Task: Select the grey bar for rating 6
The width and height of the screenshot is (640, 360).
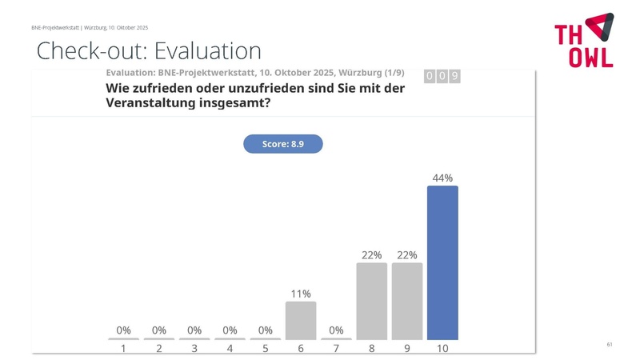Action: pyautogui.click(x=301, y=320)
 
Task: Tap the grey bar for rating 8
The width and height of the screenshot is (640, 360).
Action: pyautogui.click(x=371, y=301)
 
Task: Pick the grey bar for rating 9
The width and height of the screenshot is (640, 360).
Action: pyautogui.click(x=407, y=301)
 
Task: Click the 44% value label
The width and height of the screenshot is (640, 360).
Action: pyautogui.click(x=442, y=178)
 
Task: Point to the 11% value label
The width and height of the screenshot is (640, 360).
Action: pyautogui.click(x=301, y=294)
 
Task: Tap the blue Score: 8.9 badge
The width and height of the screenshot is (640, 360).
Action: pyautogui.click(x=282, y=144)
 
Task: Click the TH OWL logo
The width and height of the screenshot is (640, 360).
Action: pyautogui.click(x=584, y=40)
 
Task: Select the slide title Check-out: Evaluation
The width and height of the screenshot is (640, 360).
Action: pyautogui.click(x=150, y=51)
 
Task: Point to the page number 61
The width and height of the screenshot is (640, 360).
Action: pyautogui.click(x=610, y=344)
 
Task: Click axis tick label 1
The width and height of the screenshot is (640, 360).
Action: pyautogui.click(x=123, y=349)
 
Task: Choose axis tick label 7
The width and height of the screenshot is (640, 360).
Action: pyautogui.click(x=336, y=349)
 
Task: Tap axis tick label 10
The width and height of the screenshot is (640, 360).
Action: pyautogui.click(x=442, y=349)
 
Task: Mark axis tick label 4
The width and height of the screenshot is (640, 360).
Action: pyautogui.click(x=230, y=349)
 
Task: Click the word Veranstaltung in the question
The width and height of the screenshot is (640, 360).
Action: pyautogui.click(x=146, y=104)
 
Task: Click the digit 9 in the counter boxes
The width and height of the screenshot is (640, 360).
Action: pyautogui.click(x=454, y=76)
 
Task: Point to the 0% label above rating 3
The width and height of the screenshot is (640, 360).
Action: pyautogui.click(x=194, y=330)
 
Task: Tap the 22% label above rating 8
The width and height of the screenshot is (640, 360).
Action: pyautogui.click(x=371, y=255)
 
